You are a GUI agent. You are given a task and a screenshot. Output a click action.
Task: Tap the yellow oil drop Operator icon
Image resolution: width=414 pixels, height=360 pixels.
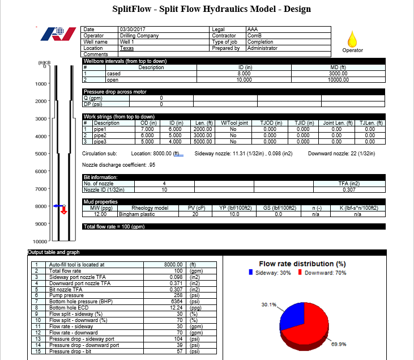352,39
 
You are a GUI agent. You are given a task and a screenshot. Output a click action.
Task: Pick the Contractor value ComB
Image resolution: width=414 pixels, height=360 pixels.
254,36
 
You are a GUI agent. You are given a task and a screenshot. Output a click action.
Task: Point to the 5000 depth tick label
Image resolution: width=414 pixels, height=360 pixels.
41,154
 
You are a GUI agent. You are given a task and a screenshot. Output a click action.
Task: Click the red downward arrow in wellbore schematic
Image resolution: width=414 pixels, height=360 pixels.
63,210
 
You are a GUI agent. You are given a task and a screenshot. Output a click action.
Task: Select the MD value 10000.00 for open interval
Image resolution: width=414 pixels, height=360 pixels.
338,80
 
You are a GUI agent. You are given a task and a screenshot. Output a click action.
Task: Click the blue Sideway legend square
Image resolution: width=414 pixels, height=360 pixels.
251,273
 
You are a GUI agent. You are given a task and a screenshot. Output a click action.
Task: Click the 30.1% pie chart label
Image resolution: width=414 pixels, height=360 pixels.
269,305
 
